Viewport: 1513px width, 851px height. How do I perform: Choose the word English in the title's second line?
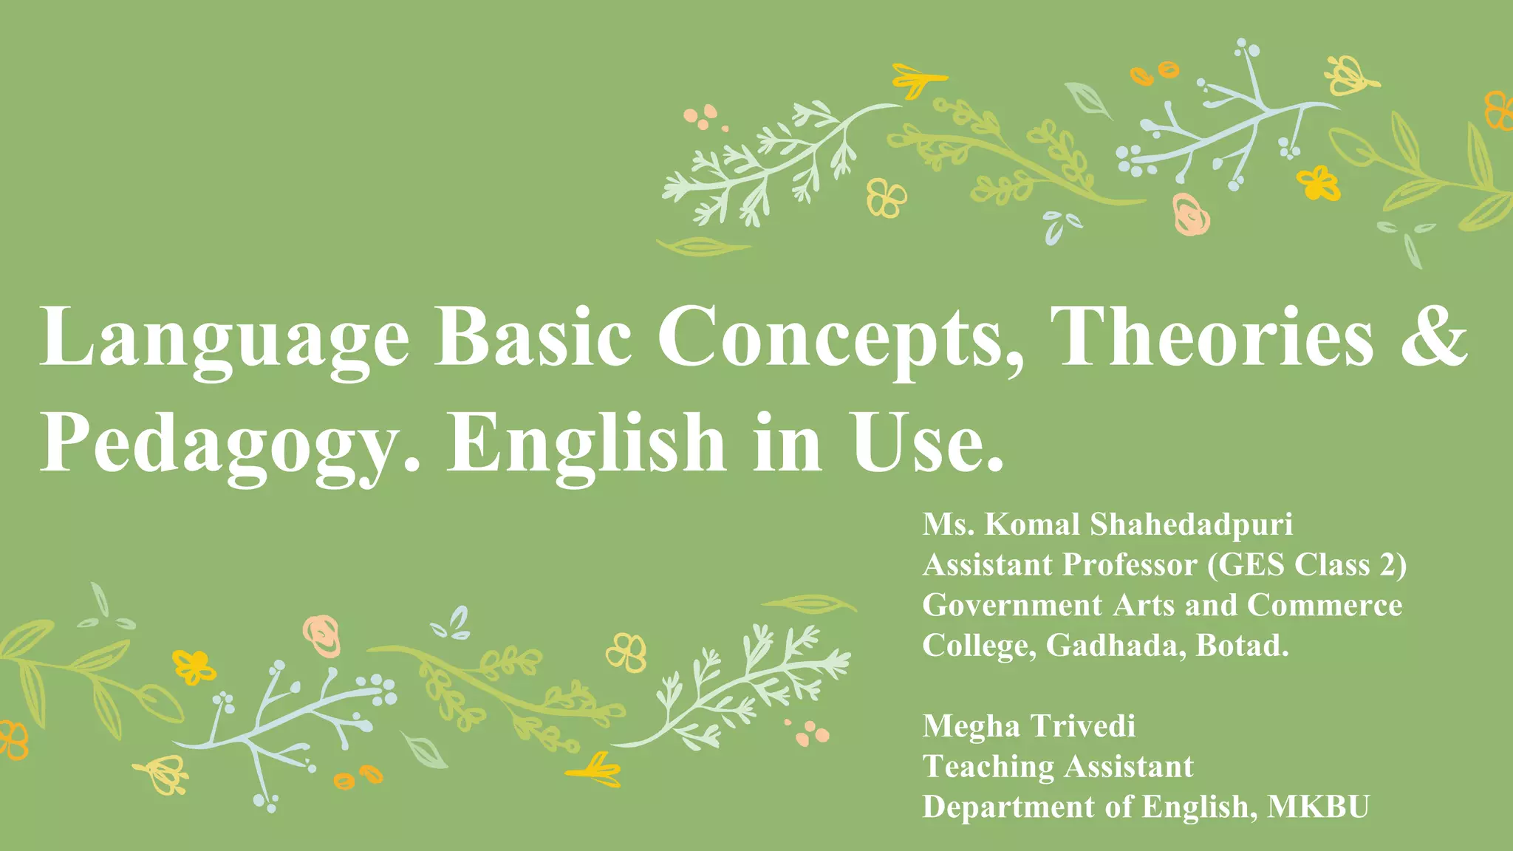click(x=587, y=443)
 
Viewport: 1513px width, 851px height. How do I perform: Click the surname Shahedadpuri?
click(x=1191, y=525)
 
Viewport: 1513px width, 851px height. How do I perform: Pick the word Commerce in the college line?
click(x=1325, y=606)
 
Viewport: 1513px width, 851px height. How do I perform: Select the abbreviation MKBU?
click(x=1318, y=807)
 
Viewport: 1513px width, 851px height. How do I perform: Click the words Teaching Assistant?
click(x=1058, y=767)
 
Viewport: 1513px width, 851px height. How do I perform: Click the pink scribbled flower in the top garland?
click(x=1190, y=214)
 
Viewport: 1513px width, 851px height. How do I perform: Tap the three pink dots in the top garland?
click(x=702, y=117)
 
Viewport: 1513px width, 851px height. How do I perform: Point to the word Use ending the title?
click(x=927, y=443)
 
